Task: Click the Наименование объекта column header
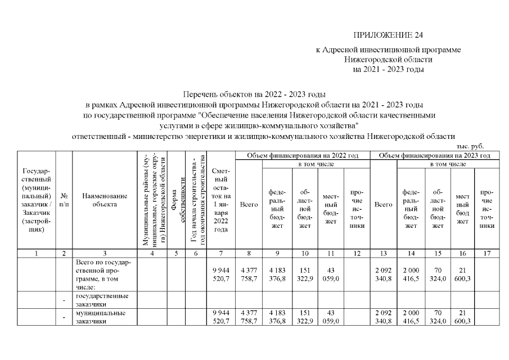click(x=105, y=200)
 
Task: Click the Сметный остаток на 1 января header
click(x=221, y=200)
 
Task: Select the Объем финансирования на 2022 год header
click(x=303, y=155)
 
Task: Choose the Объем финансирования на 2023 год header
click(x=434, y=155)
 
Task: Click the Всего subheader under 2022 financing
click(x=249, y=205)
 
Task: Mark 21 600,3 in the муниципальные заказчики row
click(x=462, y=316)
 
